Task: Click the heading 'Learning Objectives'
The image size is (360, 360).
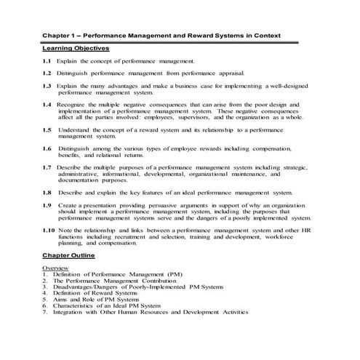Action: pyautogui.click(x=75, y=48)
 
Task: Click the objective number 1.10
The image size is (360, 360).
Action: pyautogui.click(x=48, y=230)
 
